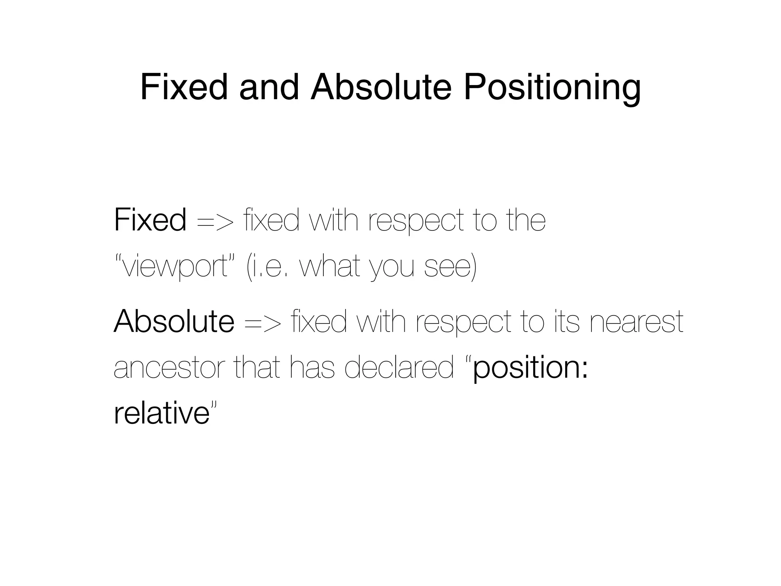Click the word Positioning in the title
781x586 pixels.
coord(552,88)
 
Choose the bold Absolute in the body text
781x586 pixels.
coord(174,321)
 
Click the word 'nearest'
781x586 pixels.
coord(636,322)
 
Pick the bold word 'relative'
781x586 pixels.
coord(162,413)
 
